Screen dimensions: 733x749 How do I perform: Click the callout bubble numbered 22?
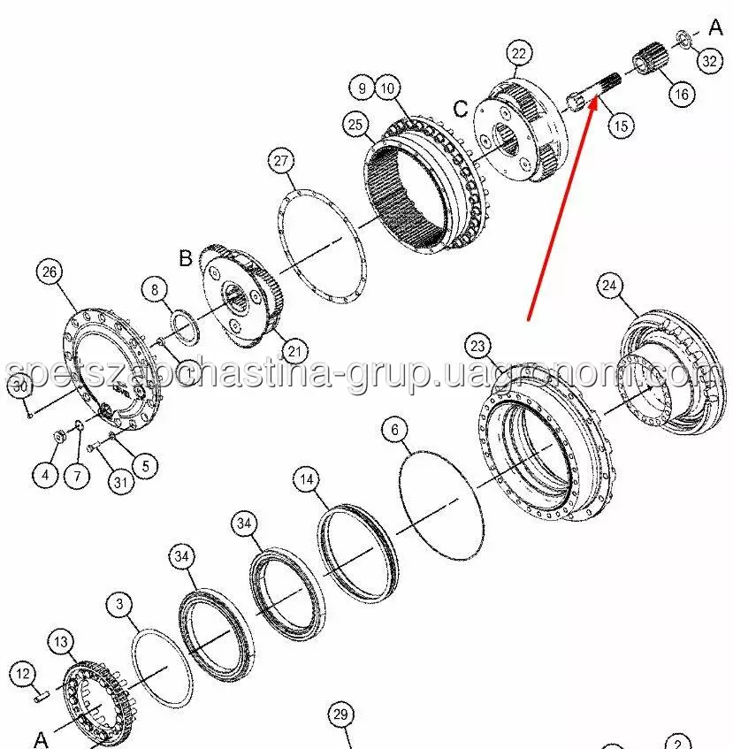[x=519, y=53]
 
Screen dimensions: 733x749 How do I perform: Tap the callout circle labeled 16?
[x=682, y=94]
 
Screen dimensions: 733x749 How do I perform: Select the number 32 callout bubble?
[x=710, y=61]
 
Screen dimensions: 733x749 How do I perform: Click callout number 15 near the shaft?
[x=621, y=126]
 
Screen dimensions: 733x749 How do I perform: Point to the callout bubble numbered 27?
[x=281, y=161]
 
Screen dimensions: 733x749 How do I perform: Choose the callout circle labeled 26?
[x=50, y=271]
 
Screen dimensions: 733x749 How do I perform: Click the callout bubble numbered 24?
[x=609, y=285]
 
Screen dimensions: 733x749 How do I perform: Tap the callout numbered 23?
[x=478, y=346]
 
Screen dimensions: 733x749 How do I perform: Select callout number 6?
[x=395, y=430]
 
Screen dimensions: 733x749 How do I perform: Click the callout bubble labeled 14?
[x=307, y=479]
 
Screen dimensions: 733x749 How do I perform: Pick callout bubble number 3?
[x=120, y=604]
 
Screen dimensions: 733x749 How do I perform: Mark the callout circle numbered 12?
[x=23, y=674]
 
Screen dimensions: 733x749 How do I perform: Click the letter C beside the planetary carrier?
[x=461, y=109]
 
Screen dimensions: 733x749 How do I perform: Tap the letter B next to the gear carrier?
[x=186, y=258]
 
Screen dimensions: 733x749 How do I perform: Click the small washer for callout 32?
[x=683, y=38]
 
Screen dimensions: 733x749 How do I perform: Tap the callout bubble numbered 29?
[x=341, y=715]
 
